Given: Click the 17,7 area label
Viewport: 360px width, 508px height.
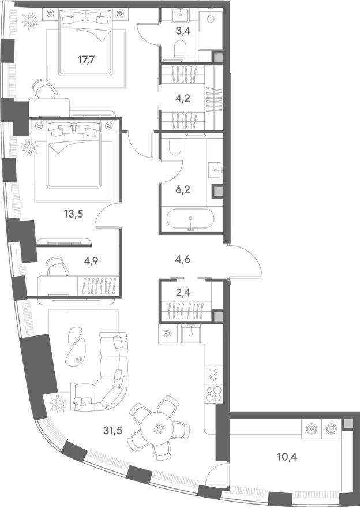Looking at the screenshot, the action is click(x=86, y=59).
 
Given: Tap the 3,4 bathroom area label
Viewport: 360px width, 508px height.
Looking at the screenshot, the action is click(x=182, y=31).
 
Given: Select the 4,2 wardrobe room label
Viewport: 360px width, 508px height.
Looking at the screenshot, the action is click(x=182, y=98).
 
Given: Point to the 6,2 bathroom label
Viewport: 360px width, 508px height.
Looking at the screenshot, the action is click(x=182, y=189).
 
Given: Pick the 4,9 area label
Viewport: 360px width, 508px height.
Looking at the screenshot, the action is click(x=91, y=261).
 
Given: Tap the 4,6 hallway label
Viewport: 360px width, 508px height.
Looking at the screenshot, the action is click(x=182, y=259).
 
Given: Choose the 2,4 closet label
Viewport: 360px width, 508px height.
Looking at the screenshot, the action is click(x=182, y=293).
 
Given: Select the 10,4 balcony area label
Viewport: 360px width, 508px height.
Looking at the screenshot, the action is click(x=287, y=457).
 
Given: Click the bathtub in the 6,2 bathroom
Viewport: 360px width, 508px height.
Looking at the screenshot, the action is click(x=190, y=219).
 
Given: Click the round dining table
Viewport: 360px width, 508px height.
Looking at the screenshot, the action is click(x=159, y=428).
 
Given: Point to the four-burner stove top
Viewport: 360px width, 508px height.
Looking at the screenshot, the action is click(x=214, y=394).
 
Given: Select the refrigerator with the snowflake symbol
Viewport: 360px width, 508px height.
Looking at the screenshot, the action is click(x=168, y=334).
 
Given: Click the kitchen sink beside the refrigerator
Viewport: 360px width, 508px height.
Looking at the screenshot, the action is click(x=191, y=334).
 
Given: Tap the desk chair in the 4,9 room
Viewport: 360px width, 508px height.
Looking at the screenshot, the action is click(x=58, y=267).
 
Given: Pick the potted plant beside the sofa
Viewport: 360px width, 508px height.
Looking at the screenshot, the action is click(x=59, y=404).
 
